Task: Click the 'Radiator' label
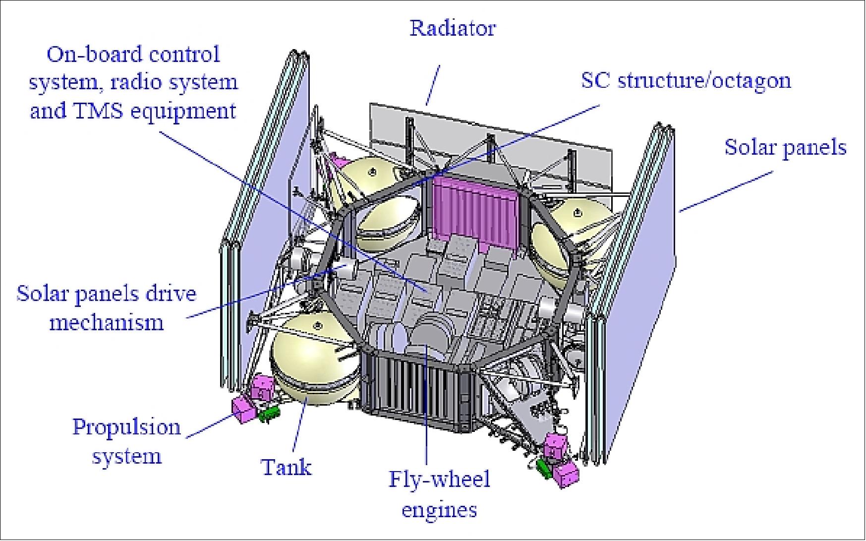point(452,28)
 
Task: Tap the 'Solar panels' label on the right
point(785,148)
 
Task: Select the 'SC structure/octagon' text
point(686,80)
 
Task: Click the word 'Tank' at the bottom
point(287,467)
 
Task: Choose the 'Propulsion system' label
point(126,441)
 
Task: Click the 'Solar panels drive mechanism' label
point(107,308)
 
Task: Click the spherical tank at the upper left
point(377,198)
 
